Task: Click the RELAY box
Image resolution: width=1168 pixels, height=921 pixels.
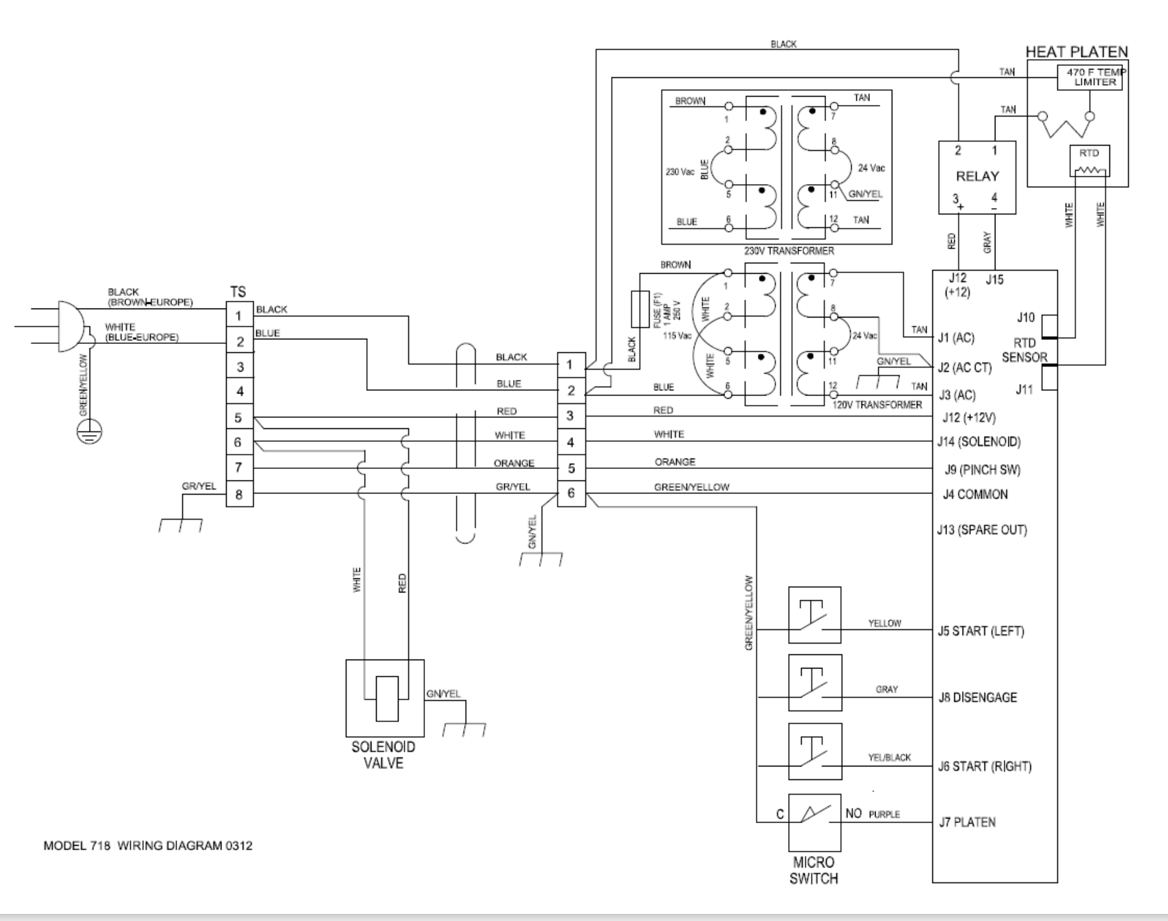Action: [977, 176]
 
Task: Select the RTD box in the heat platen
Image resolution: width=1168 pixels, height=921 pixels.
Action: [1089, 160]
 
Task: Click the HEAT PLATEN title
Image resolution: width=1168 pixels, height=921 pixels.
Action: [1077, 52]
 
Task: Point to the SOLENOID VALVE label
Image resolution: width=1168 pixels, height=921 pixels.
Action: [383, 755]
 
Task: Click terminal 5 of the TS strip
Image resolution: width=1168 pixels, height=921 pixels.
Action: [239, 417]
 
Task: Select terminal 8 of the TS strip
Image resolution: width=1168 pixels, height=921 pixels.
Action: [239, 495]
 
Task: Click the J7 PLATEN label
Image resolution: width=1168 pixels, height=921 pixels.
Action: [967, 822]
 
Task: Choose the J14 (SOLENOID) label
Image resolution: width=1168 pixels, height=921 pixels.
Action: [979, 442]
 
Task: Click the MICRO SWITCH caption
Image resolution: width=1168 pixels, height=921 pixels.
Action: [814, 870]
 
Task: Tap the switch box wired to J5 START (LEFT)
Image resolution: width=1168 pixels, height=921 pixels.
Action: [815, 614]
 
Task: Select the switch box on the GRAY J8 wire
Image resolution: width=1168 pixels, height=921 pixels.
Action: [815, 683]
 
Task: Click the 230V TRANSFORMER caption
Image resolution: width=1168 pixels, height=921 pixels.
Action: [789, 251]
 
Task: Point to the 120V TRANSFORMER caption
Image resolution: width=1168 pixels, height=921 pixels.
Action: [877, 405]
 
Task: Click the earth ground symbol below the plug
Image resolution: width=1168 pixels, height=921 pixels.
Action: [89, 433]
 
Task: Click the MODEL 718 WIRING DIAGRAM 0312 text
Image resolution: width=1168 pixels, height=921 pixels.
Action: [147, 846]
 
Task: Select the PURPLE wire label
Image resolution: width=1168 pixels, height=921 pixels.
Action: [884, 815]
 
